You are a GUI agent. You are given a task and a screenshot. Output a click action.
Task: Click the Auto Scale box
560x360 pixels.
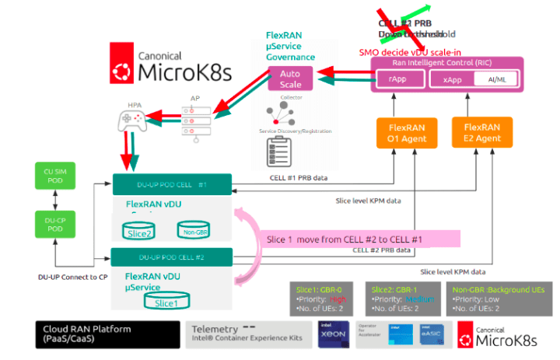point(290,79)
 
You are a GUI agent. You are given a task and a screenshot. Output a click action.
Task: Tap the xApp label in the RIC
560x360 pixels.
point(453,79)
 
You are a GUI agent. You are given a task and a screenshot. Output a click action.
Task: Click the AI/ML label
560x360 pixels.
point(493,79)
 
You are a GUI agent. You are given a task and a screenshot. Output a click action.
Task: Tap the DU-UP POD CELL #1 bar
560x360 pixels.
point(172,184)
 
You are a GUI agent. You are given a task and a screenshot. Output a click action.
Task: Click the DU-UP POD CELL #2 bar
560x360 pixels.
point(172,257)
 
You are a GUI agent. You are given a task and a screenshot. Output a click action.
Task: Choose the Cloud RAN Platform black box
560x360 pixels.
point(107,334)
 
